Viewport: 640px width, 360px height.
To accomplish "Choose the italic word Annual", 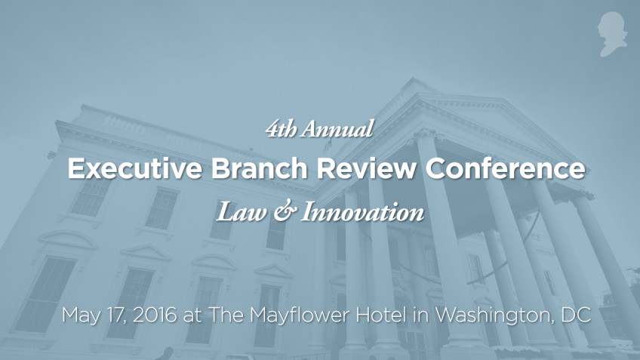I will pyautogui.click(x=337, y=130).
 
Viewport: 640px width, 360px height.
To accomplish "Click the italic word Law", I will pyautogui.click(x=234, y=213).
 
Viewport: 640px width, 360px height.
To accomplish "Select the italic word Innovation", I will pyautogui.click(x=361, y=213).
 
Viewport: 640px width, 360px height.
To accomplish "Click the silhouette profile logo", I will pyautogui.click(x=612, y=34).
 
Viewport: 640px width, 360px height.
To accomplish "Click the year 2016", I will pyautogui.click(x=155, y=315).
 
